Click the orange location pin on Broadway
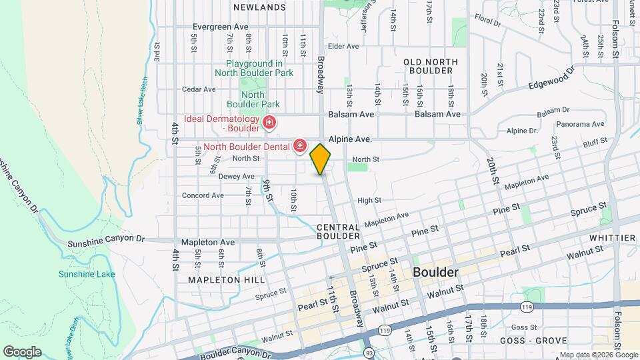(321, 159)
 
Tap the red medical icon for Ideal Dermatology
(269, 122)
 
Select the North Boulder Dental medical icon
(300, 146)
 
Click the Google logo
(22, 351)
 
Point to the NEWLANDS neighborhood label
(259, 7)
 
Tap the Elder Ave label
(344, 46)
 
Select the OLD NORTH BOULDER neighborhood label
(431, 66)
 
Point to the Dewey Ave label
(219, 177)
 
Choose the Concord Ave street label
(203, 195)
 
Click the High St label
(369, 200)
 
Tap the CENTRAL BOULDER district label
(338, 231)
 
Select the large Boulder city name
(435, 272)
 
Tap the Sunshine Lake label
(87, 274)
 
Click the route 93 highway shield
(369, 353)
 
